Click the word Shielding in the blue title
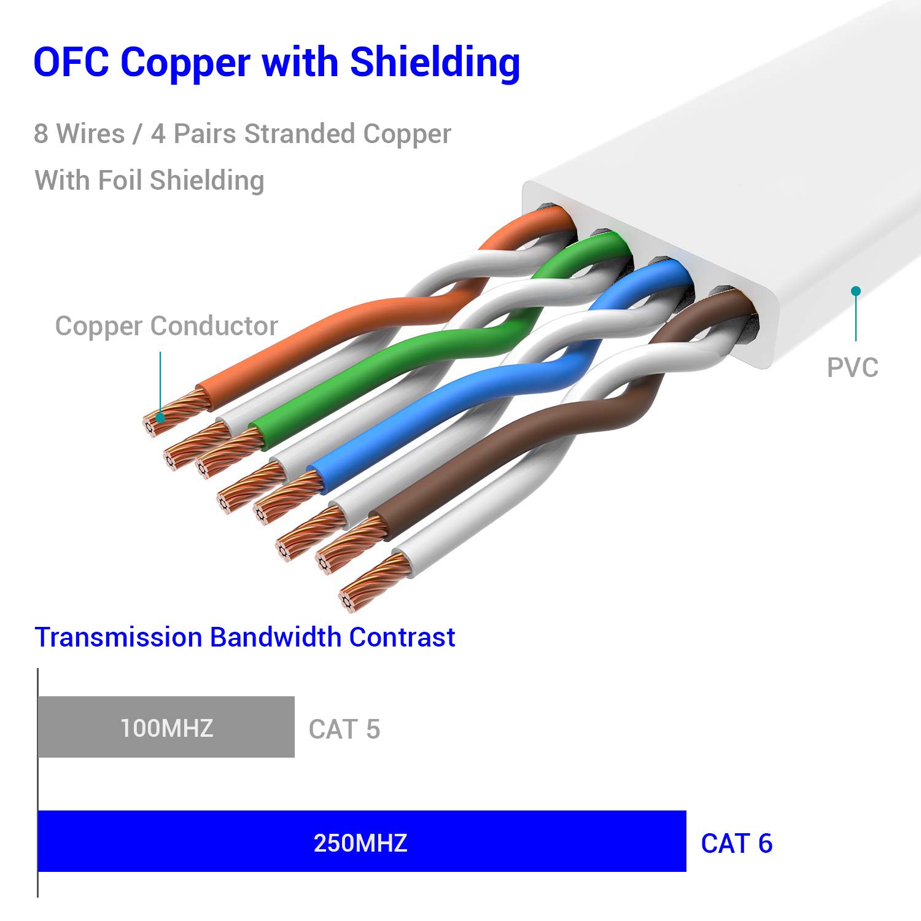[x=435, y=63]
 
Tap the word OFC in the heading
[x=71, y=62]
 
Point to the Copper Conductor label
[x=166, y=326]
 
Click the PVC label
[x=852, y=368]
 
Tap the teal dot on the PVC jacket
[x=856, y=290]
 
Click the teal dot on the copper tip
[x=160, y=418]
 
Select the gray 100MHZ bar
[x=166, y=727]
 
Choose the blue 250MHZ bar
[x=361, y=841]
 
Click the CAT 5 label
[x=344, y=729]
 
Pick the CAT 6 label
[x=736, y=844]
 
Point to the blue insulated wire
[x=430, y=405]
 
